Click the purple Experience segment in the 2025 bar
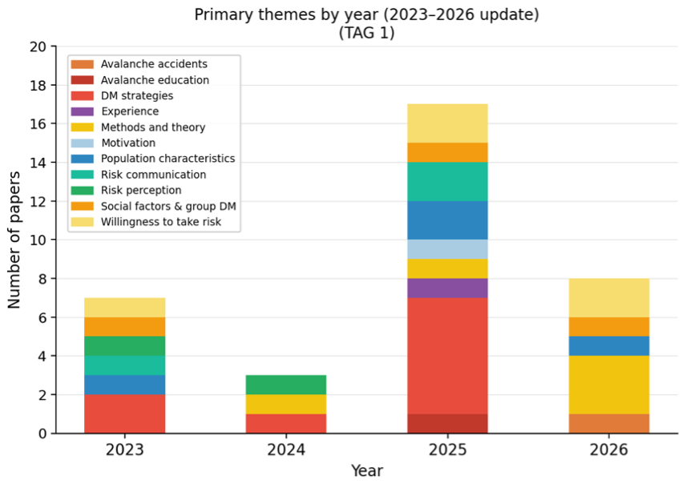click(x=447, y=288)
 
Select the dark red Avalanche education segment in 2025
click(x=447, y=424)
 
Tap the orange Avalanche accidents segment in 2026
click(x=608, y=424)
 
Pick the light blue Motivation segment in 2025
click(x=447, y=249)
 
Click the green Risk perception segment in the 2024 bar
click(x=285, y=385)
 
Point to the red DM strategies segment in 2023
click(x=125, y=414)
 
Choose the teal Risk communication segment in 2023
click(x=125, y=365)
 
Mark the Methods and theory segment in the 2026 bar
click(x=608, y=385)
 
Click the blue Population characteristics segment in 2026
click(x=608, y=346)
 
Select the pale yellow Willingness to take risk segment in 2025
click(x=447, y=123)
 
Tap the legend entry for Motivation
click(x=128, y=143)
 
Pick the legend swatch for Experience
click(x=82, y=111)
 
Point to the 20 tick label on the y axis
click(x=38, y=46)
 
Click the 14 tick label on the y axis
click(x=38, y=163)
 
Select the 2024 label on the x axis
click(x=285, y=450)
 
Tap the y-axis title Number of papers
click(x=14, y=240)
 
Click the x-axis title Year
click(x=366, y=471)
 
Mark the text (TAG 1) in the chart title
click(x=366, y=33)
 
